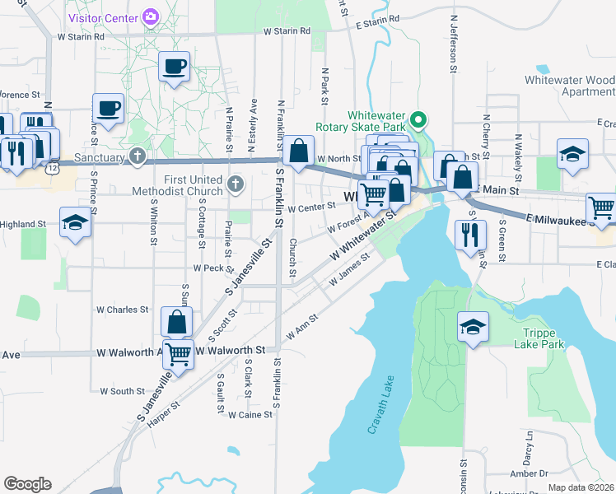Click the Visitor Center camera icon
(151, 16)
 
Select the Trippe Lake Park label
(544, 338)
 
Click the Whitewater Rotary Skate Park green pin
(418, 122)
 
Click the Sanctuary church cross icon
(138, 156)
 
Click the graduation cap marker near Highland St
(75, 221)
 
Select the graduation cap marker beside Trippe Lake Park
(474, 328)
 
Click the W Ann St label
(302, 327)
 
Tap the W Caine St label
(250, 415)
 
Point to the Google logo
(27, 484)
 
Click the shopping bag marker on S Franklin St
(298, 151)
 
